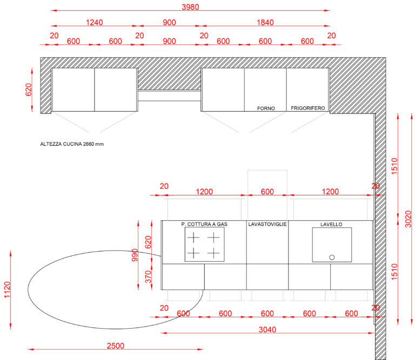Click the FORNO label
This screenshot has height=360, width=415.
[x=266, y=108]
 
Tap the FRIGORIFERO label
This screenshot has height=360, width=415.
[x=308, y=108]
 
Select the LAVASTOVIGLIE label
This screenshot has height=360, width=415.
[x=267, y=224]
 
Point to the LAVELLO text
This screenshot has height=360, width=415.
[x=331, y=225]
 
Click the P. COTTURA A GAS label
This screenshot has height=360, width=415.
[x=204, y=224]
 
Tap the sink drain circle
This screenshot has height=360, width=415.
[x=332, y=257]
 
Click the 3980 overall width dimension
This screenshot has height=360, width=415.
[x=190, y=7]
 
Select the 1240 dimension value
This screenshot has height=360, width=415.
[x=94, y=23]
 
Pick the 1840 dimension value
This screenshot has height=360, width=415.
[x=265, y=23]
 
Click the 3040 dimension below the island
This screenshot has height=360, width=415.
[x=267, y=330]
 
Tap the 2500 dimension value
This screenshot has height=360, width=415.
[x=116, y=346]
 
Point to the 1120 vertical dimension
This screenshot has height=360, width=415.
[x=7, y=290]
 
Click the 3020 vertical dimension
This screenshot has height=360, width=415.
[x=408, y=219]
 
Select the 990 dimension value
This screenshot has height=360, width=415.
[x=135, y=255]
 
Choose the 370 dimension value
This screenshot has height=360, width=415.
[x=148, y=276]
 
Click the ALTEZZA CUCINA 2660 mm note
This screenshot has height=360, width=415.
[x=72, y=144]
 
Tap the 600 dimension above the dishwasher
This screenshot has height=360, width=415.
[x=267, y=192]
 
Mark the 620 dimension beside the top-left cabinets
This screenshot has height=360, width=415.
[x=28, y=90]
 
